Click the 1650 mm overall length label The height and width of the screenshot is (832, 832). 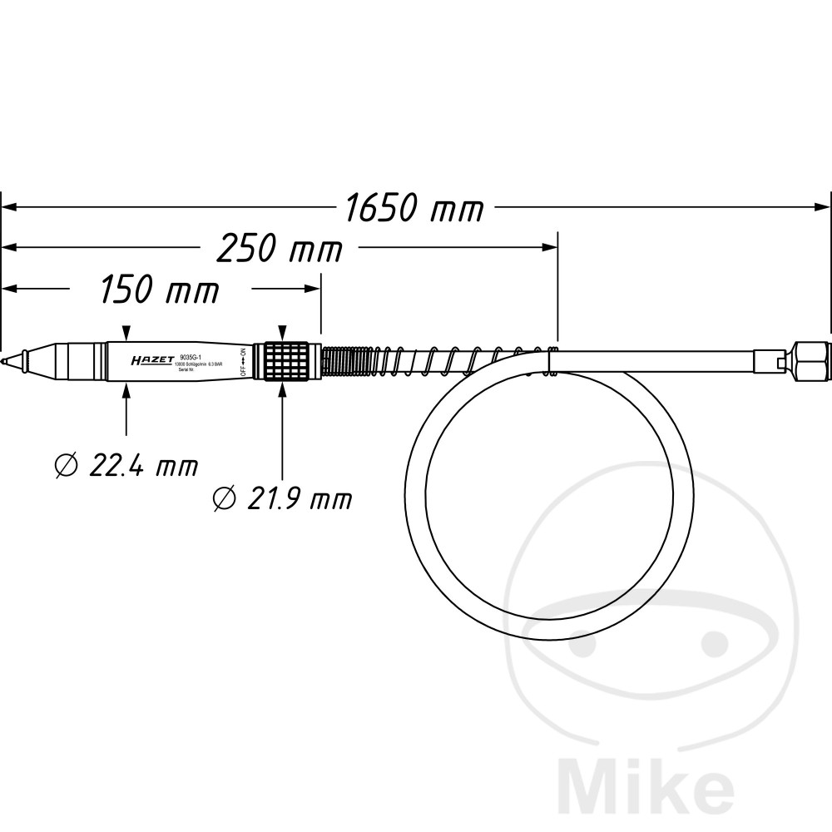(x=414, y=209)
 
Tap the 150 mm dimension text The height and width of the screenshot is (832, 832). (x=160, y=290)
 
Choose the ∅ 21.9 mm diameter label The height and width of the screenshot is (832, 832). (x=282, y=498)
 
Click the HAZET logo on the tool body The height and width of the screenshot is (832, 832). (x=152, y=362)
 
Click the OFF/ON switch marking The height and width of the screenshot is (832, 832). (x=244, y=362)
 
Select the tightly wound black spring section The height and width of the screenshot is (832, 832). (x=339, y=361)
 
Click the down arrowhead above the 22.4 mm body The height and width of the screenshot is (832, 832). (x=126, y=333)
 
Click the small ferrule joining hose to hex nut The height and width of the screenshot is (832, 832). (x=766, y=361)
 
